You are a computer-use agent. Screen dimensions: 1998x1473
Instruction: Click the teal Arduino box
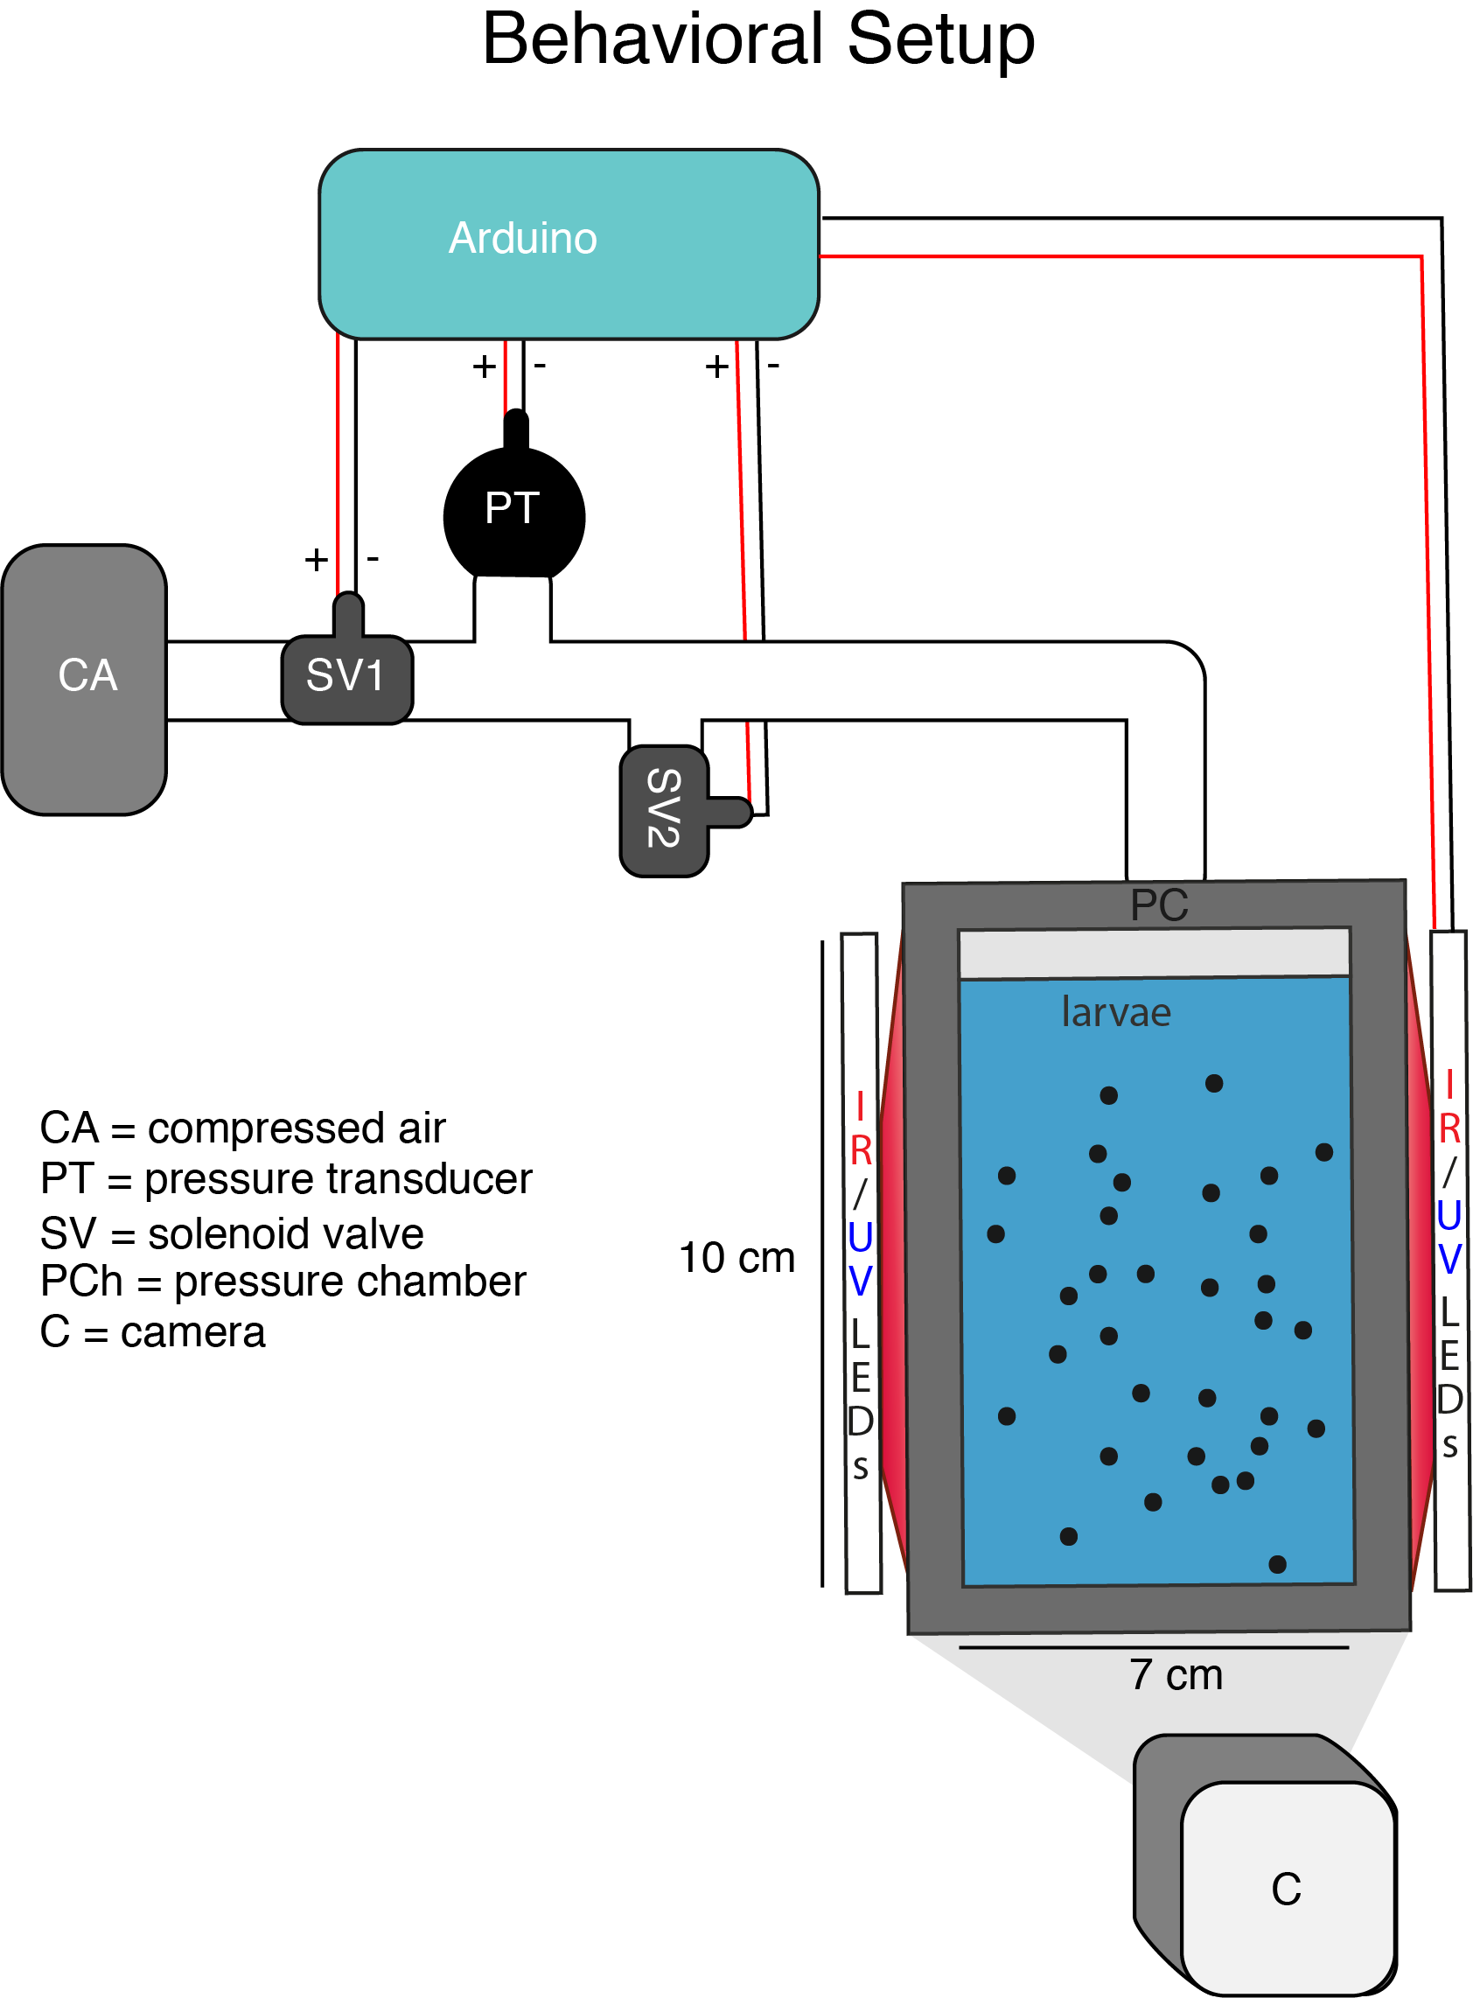pos(568,243)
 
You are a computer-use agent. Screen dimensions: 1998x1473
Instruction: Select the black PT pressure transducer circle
pos(513,514)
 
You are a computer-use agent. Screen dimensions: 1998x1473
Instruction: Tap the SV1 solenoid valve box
pos(347,678)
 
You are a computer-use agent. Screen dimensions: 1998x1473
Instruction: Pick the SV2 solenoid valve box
pos(663,809)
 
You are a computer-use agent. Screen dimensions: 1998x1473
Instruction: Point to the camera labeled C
pos(1287,1887)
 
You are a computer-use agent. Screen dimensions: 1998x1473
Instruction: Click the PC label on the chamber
pos(1158,904)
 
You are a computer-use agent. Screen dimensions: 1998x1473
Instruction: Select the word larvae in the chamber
pos(1115,1012)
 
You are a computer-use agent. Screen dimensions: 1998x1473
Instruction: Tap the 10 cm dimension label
pos(736,1257)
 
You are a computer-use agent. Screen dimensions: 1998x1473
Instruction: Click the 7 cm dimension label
pos(1176,1674)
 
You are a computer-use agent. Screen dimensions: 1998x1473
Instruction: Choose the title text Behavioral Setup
pos(757,39)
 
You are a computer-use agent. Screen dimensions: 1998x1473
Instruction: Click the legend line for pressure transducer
pos(286,1178)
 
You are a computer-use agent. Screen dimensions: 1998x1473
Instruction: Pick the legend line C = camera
pos(152,1332)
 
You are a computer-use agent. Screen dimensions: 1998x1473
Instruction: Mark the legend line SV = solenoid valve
pos(232,1234)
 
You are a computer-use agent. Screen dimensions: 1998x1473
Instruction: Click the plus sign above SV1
pos(317,560)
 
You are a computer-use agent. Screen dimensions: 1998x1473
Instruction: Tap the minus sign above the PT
pos(540,366)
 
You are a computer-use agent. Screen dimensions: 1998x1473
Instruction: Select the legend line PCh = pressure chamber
pos(283,1282)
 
